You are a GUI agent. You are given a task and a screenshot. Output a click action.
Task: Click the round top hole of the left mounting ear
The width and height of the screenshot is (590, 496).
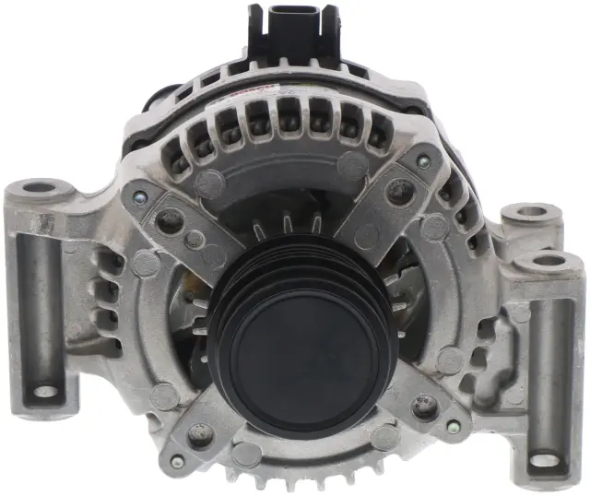point(40,189)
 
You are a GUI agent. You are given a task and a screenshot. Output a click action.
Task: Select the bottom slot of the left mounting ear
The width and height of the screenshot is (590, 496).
point(44,391)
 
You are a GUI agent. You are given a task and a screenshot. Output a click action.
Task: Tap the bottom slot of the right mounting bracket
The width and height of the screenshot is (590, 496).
point(545,457)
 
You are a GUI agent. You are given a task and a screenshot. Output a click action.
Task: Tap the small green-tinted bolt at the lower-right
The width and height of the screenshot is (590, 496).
point(452,427)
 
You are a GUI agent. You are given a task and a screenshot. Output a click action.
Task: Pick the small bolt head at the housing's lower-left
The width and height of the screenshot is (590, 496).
point(177,461)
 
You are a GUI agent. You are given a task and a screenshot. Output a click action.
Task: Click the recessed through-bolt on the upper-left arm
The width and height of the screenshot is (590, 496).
point(170,221)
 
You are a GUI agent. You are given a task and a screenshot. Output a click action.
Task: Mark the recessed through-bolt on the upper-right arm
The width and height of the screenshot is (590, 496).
point(398,192)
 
